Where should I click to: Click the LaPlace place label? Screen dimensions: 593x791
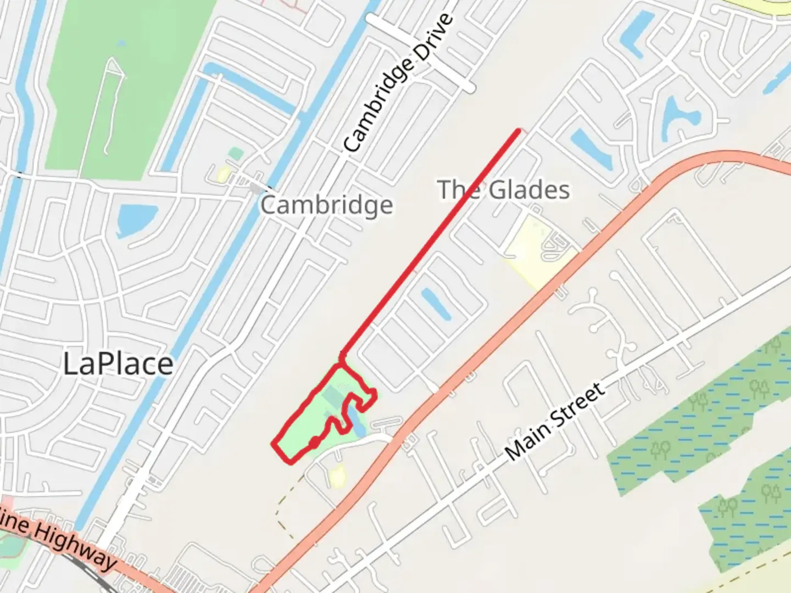(x=118, y=364)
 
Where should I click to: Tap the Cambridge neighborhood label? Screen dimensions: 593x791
(x=326, y=205)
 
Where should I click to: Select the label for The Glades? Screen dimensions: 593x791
(x=504, y=190)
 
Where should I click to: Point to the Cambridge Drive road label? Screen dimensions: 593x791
(x=399, y=82)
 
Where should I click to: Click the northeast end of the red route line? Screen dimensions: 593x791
(x=518, y=131)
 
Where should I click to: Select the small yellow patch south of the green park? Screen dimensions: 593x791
(x=337, y=475)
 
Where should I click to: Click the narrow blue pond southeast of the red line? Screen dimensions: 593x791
(x=436, y=304)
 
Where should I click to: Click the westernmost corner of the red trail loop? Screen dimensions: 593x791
(x=274, y=444)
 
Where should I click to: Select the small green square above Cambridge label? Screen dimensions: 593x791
(x=236, y=154)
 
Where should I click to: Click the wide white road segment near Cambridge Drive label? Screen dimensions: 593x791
(x=420, y=52)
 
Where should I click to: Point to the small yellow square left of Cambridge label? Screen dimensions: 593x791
(x=224, y=175)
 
